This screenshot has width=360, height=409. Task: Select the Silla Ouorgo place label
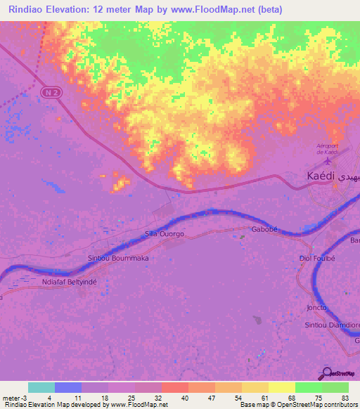coord(164,233)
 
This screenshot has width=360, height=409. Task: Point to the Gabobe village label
coord(266,230)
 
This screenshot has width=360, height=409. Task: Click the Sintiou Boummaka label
coord(118,258)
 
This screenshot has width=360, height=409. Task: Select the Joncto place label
coord(318,307)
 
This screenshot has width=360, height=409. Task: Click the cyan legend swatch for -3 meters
coord(41,387)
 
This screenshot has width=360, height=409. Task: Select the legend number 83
coord(345,397)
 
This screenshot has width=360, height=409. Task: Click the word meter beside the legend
coord(11,397)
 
